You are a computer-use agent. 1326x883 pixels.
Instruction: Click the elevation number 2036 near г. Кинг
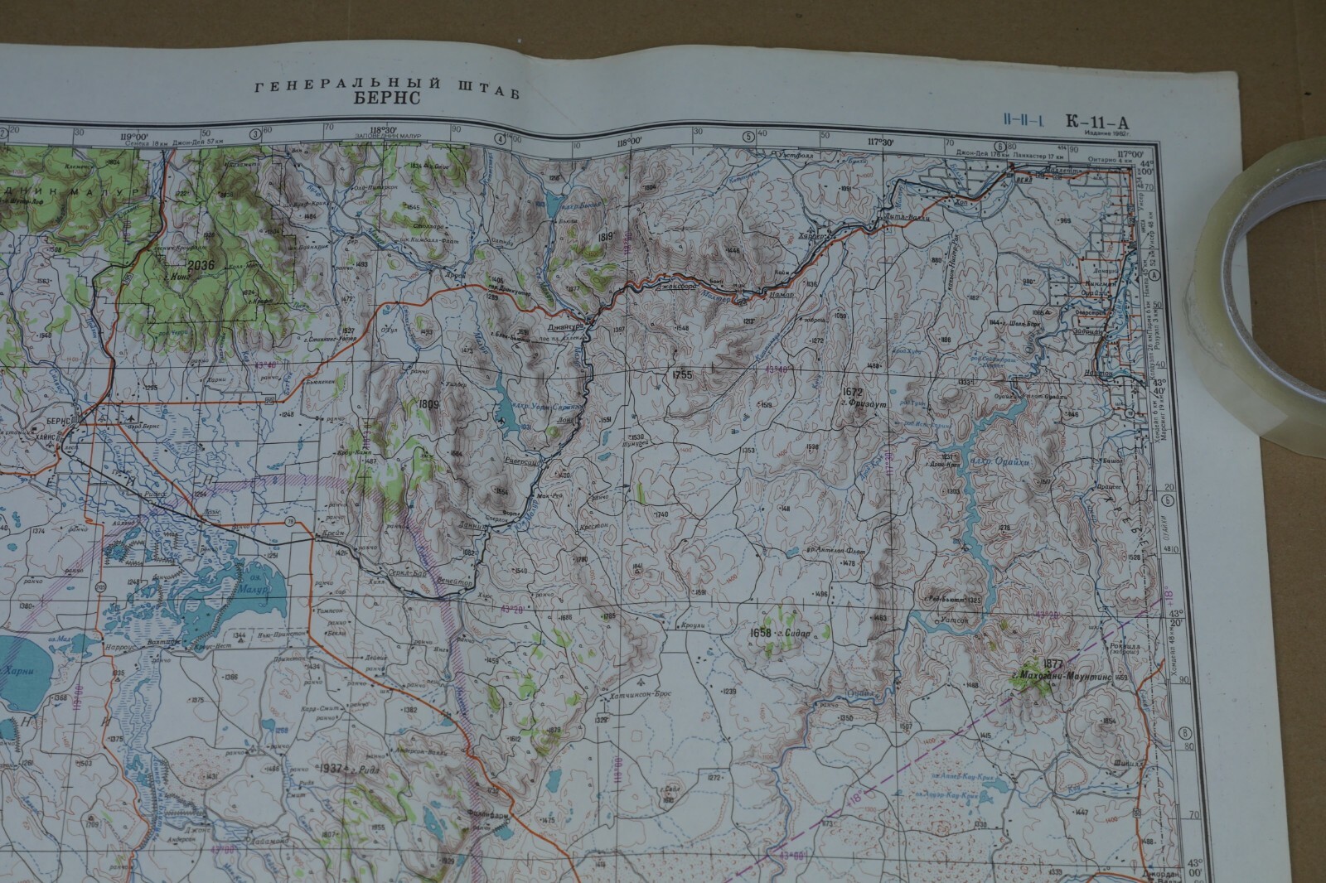click(201, 265)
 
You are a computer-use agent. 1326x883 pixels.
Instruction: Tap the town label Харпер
click(810, 235)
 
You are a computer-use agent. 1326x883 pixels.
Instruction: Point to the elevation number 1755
click(682, 374)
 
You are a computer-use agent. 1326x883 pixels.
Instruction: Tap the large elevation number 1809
click(428, 404)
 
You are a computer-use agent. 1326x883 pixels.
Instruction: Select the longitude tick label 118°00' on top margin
click(628, 142)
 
